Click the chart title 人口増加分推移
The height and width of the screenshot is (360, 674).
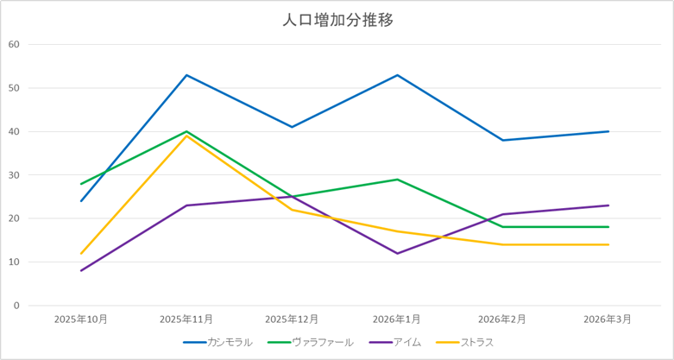337,20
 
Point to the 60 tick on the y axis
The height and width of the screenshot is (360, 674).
13,44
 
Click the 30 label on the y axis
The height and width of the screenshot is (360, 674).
13,175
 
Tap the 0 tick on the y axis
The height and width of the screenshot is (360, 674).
16,306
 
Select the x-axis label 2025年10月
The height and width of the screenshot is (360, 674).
81,319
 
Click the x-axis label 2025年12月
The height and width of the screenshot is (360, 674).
292,319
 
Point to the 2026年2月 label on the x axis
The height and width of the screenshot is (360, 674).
503,319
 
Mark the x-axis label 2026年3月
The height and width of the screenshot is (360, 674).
608,319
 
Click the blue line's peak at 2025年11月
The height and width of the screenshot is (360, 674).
186,75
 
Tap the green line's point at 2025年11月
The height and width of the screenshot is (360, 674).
186,131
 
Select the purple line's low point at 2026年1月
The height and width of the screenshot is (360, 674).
398,253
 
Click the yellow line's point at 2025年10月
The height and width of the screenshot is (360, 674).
81,253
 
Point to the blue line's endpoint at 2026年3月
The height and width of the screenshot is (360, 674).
608,131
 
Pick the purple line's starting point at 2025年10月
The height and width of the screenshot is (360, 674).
81,270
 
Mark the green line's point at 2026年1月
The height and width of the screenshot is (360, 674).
398,180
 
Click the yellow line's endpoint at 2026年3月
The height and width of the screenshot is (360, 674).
608,244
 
